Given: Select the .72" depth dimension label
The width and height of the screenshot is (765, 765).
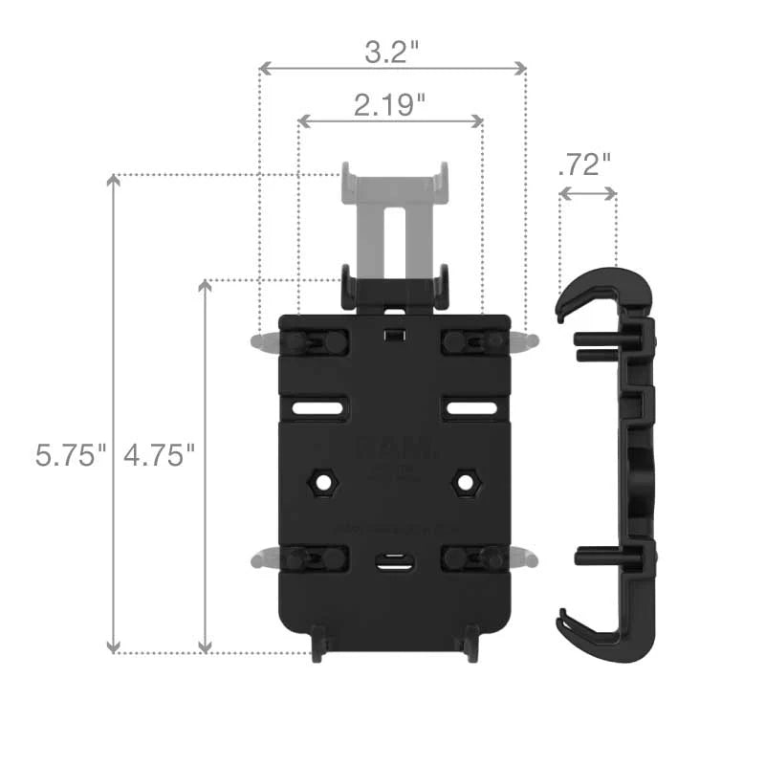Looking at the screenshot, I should coord(583,164).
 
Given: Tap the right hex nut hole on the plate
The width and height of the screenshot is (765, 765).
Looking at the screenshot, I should coord(466,482).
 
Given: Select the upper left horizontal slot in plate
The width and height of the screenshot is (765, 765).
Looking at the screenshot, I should coord(319,408).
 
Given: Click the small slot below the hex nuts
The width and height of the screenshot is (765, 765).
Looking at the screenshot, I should coord(392,562).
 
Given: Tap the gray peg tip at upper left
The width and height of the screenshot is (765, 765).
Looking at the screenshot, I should coord(259,341).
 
